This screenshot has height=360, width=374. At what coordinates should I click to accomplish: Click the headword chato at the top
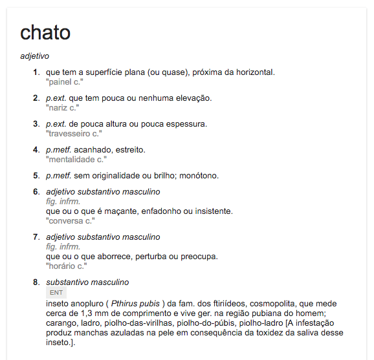click(45, 32)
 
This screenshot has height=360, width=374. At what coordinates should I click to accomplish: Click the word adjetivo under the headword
click(35, 56)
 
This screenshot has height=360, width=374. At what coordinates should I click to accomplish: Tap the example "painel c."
click(65, 82)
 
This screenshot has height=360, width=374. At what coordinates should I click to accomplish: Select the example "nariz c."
click(62, 108)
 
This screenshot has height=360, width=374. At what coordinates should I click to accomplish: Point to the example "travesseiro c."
click(74, 134)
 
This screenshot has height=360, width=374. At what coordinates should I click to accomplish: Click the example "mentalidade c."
click(76, 160)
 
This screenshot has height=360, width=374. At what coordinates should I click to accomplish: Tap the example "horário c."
click(66, 266)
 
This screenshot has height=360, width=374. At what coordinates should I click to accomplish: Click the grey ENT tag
click(56, 293)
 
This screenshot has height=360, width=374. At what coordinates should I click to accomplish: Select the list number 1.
click(36, 72)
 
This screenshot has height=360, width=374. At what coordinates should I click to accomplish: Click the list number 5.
click(36, 175)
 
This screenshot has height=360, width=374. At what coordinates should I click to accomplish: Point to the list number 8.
click(36, 282)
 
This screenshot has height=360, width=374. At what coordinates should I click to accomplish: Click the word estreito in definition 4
click(129, 150)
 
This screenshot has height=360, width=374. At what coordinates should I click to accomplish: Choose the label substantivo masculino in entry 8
click(87, 282)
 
